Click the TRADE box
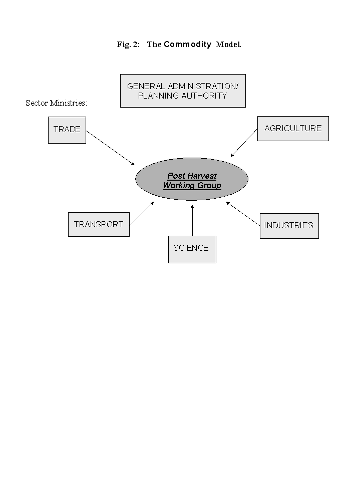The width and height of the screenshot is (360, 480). tap(67, 130)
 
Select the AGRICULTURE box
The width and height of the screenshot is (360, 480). tap(293, 129)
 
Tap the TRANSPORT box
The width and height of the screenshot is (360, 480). tap(99, 224)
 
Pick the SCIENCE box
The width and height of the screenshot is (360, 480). tap(192, 249)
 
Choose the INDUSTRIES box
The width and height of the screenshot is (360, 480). tap(289, 225)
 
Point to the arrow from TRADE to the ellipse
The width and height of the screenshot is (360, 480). tap(111, 148)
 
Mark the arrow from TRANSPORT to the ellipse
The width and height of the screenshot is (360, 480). tap(141, 214)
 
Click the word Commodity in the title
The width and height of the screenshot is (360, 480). tap(188, 45)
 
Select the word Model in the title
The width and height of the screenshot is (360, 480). tap(228, 45)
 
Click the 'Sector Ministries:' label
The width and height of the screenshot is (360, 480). tap(57, 103)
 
